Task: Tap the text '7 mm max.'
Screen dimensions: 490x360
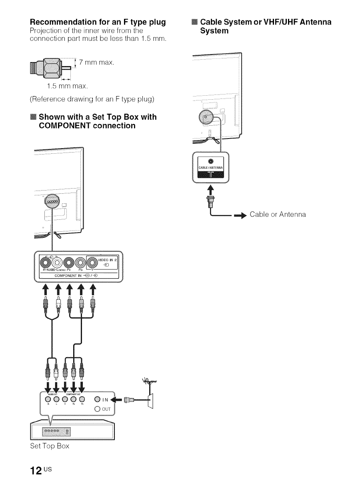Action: (97, 62)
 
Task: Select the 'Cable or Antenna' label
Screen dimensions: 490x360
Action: (278, 215)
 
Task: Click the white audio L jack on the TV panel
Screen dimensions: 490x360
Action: (56, 263)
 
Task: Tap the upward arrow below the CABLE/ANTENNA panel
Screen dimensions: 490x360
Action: (210, 188)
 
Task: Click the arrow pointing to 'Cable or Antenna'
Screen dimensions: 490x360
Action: (239, 215)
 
